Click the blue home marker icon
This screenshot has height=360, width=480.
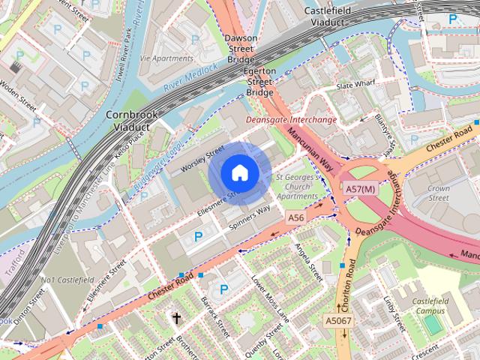[x=238, y=172]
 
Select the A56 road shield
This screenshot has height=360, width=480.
[x=297, y=217]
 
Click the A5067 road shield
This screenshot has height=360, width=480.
[x=338, y=320]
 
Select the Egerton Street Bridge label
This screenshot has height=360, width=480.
[x=259, y=81]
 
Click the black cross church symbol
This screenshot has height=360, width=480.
[x=177, y=319]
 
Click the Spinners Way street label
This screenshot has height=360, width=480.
[x=249, y=217]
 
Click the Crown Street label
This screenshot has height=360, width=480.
[x=438, y=194]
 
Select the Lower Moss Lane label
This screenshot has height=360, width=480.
[x=270, y=299]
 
